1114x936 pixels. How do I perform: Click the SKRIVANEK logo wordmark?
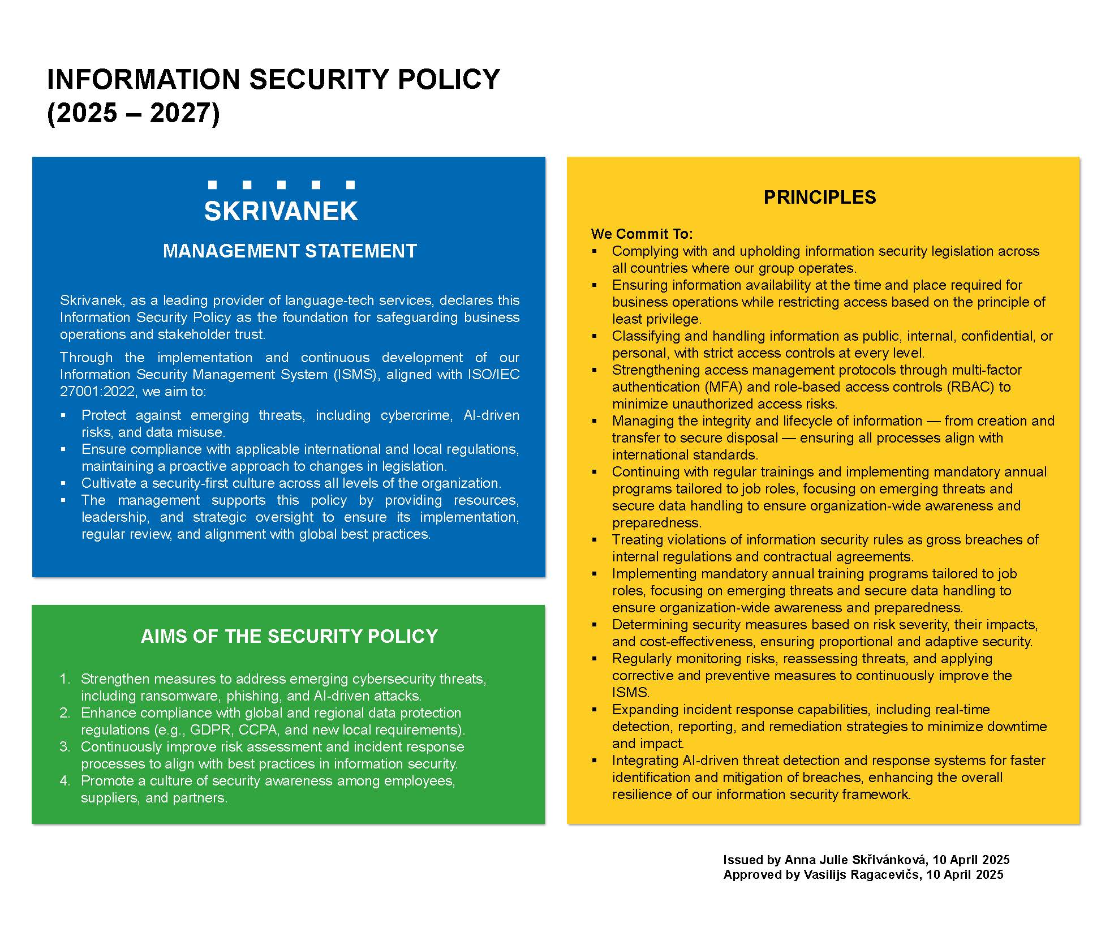coord(281,211)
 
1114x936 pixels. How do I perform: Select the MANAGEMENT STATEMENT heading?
coord(290,251)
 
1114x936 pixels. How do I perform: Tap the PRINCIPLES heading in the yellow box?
coord(819,197)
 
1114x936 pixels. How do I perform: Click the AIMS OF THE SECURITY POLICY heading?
coord(289,636)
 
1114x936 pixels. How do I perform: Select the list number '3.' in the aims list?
coord(65,746)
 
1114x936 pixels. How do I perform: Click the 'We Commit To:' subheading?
coord(642,234)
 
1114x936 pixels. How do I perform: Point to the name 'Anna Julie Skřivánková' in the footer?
coord(855,860)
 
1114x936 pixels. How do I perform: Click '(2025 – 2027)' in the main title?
coord(133,113)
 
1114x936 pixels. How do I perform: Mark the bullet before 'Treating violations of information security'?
coord(594,539)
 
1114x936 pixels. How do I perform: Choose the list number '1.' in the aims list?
coord(65,679)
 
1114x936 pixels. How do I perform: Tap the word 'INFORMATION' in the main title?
coord(144,79)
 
